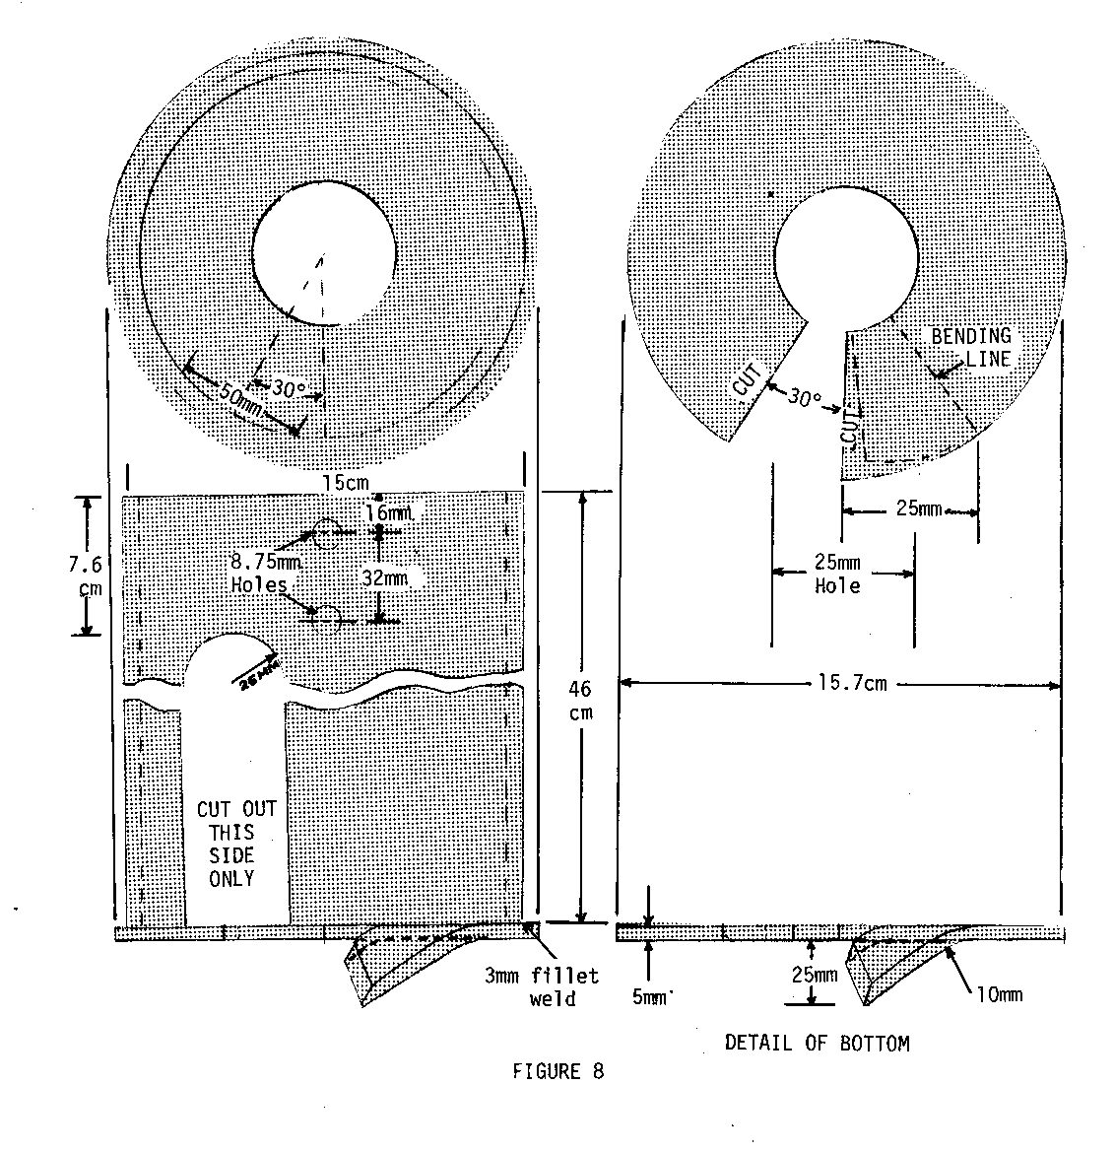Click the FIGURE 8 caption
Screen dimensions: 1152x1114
point(557,1072)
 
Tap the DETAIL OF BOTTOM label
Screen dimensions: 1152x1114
point(817,1043)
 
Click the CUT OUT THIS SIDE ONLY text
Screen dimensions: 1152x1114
point(236,844)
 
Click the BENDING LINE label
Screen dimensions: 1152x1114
point(971,347)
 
